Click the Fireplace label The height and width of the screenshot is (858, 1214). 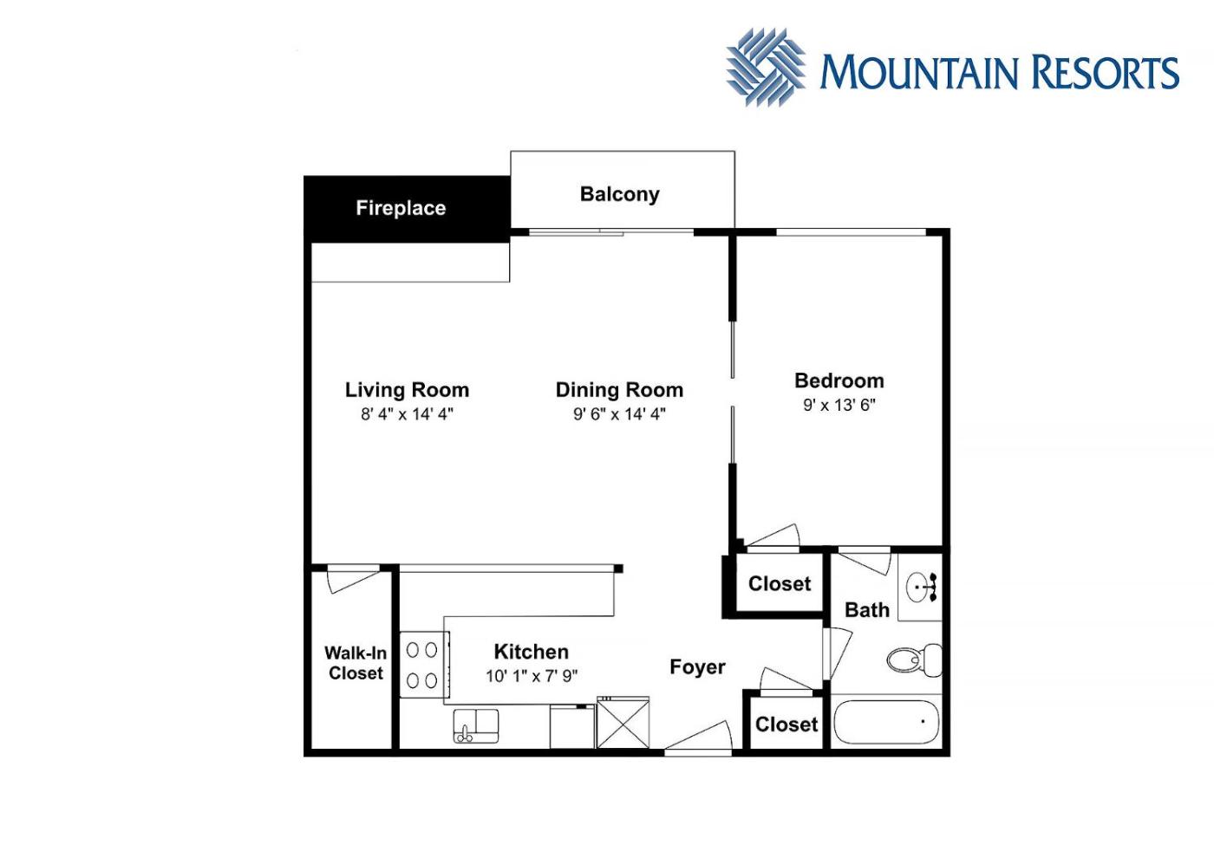(x=401, y=208)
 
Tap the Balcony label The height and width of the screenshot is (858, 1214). (x=619, y=194)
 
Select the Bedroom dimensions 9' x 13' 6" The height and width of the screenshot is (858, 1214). (x=839, y=406)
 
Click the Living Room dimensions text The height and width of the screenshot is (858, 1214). (x=407, y=414)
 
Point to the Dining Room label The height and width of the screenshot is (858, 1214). (x=619, y=390)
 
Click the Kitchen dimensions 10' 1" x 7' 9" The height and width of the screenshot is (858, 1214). (x=532, y=676)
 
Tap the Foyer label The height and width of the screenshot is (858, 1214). (x=697, y=666)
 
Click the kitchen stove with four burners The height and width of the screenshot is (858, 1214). (x=424, y=665)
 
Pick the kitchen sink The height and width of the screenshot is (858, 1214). (x=476, y=726)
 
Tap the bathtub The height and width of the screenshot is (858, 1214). (x=886, y=722)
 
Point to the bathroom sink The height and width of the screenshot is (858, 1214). (x=921, y=588)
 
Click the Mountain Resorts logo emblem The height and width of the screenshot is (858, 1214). (x=766, y=68)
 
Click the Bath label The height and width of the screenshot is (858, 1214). (x=867, y=610)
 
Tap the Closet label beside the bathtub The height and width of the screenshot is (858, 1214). (x=786, y=725)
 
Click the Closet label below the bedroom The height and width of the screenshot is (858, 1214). (x=780, y=584)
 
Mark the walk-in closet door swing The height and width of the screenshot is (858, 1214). (x=353, y=579)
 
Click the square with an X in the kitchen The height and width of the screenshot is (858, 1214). (x=623, y=723)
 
